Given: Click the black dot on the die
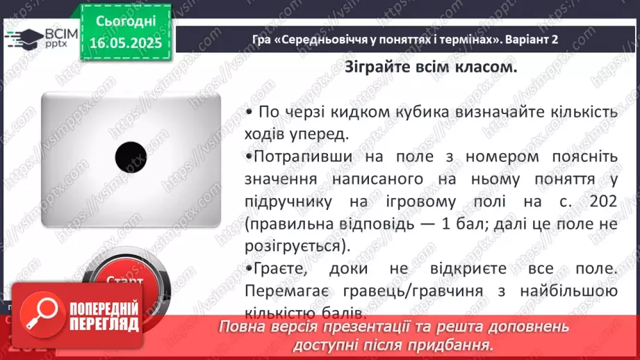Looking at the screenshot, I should (130, 157).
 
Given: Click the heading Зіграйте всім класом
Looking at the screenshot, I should (431, 67).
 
